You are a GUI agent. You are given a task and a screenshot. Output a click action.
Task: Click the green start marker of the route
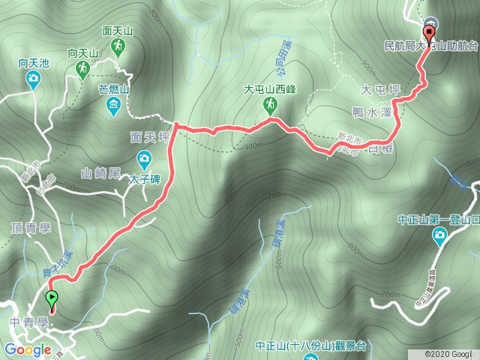52,301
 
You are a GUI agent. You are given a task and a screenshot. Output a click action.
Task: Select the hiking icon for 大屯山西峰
266,106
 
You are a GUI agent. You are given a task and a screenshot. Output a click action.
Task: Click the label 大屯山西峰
270,90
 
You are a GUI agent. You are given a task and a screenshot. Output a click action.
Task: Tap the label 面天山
118,31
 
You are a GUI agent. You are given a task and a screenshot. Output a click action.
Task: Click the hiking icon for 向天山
82,70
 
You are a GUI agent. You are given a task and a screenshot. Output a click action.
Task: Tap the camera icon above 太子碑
144,159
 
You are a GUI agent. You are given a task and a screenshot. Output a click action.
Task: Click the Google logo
28,350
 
